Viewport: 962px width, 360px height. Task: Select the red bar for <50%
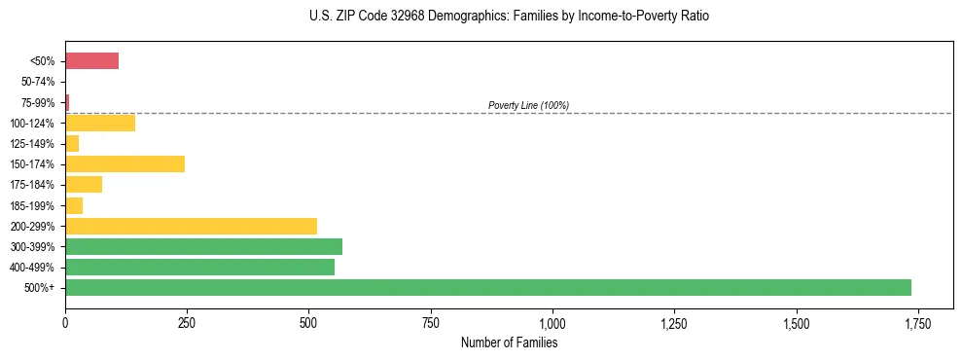point(91,61)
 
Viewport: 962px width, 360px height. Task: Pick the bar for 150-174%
point(125,164)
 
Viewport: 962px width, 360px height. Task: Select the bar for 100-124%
point(100,124)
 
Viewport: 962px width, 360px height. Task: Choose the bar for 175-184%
point(84,185)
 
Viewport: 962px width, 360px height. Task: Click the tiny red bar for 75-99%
point(67,102)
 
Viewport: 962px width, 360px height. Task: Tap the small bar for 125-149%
point(72,144)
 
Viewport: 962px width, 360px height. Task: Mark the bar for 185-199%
point(74,205)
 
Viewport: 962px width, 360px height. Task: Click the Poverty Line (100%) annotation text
point(528,105)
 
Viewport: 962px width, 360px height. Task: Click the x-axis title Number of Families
point(509,342)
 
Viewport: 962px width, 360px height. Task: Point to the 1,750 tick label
point(917,323)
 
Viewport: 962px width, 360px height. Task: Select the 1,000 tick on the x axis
point(552,323)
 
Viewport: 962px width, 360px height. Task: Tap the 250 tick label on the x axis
point(187,323)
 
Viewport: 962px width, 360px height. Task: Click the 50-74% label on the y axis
point(38,82)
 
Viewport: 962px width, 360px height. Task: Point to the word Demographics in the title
point(452,17)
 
